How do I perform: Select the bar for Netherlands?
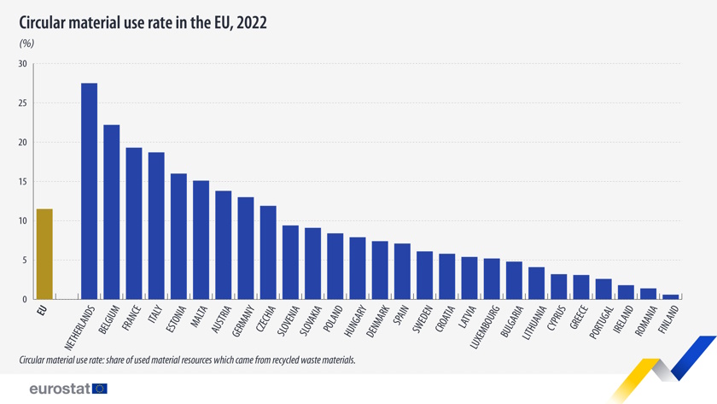pyautogui.click(x=89, y=191)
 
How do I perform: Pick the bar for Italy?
pyautogui.click(x=156, y=225)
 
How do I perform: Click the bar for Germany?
pyautogui.click(x=245, y=248)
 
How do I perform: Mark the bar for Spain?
pyautogui.click(x=402, y=272)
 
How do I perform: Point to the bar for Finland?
pyautogui.click(x=670, y=296)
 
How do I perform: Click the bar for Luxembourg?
pyautogui.click(x=492, y=278)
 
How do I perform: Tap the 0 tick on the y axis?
pyautogui.click(x=25, y=300)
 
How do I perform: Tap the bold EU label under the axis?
pyautogui.click(x=43, y=310)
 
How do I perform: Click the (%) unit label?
pyautogui.click(x=26, y=43)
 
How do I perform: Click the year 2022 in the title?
pyautogui.click(x=252, y=23)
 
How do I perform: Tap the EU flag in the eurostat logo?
pyautogui.click(x=100, y=389)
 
